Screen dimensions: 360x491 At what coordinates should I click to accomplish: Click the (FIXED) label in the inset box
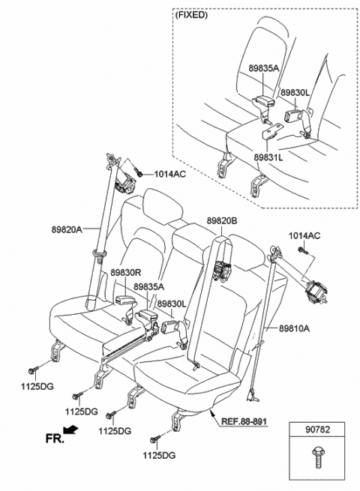click(191, 15)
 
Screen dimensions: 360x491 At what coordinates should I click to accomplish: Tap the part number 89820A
click(67, 229)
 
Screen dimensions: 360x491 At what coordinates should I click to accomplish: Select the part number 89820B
click(222, 220)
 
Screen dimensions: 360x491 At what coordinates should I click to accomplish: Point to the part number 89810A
click(294, 328)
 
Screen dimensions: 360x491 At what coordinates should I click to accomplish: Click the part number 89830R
click(126, 272)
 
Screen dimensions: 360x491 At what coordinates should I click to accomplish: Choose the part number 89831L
click(268, 157)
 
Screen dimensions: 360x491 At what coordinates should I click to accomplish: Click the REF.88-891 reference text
click(244, 421)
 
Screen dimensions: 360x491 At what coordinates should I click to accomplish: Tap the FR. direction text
click(55, 439)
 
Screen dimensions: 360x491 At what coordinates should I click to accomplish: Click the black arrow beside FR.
click(70, 430)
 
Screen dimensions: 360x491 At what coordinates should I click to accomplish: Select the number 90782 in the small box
click(317, 430)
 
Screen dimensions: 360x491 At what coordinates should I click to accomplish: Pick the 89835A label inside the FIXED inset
click(264, 68)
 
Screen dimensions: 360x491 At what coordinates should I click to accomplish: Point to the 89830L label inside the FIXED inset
click(295, 92)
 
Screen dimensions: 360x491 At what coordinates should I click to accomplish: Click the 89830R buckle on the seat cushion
click(125, 301)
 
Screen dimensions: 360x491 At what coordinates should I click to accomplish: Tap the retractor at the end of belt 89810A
click(316, 292)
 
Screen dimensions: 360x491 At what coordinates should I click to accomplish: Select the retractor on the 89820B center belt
click(223, 270)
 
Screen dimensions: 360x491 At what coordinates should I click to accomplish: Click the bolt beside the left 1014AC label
click(138, 171)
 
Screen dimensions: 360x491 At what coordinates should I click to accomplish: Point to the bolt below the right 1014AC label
click(303, 250)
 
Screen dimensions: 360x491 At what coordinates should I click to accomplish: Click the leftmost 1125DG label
click(37, 386)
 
